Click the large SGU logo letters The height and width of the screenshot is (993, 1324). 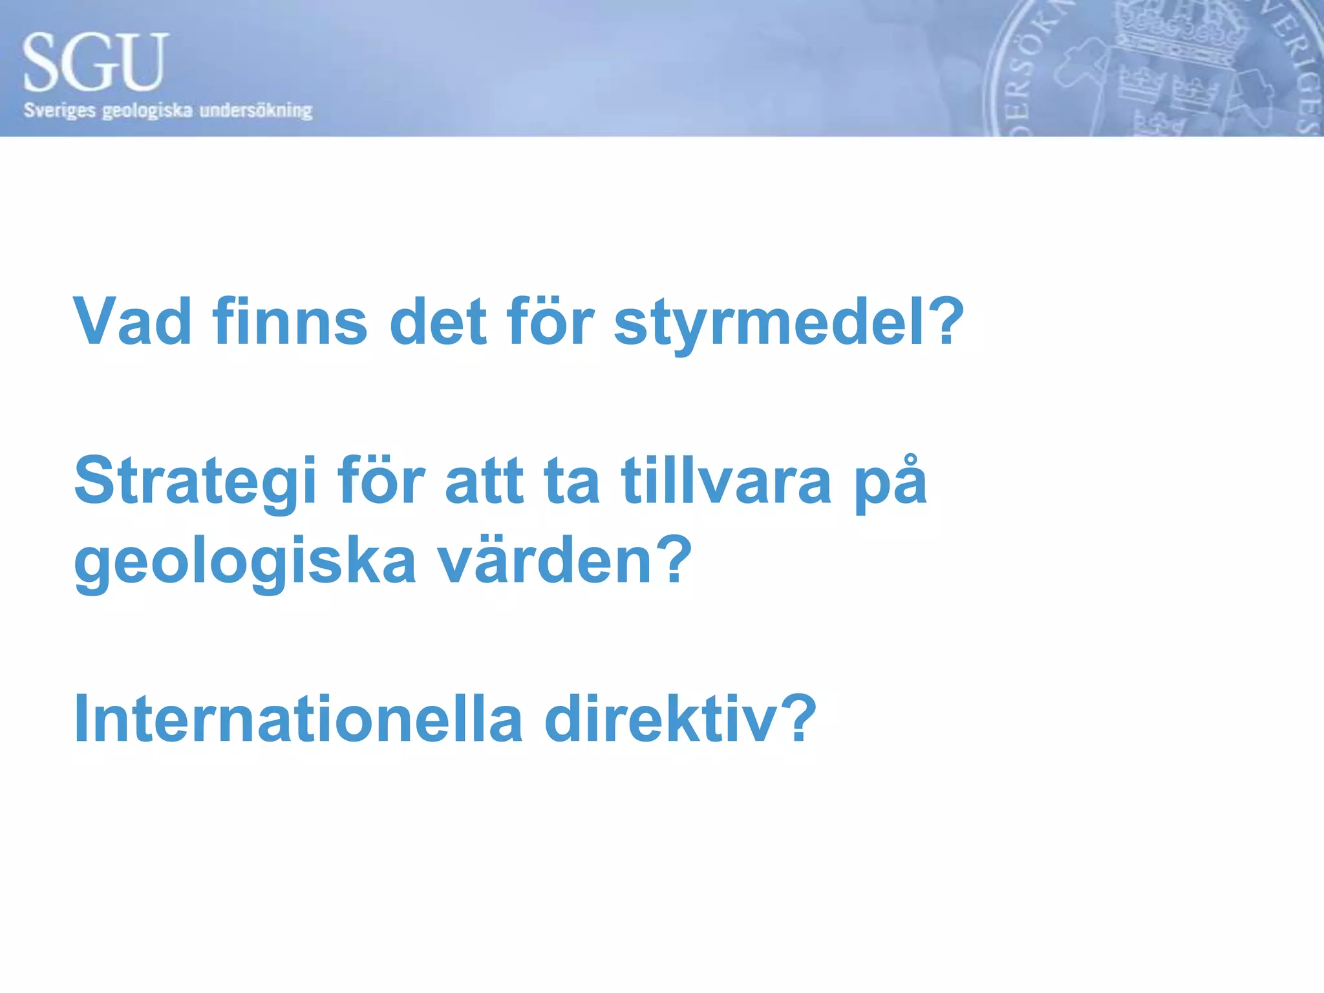(x=96, y=63)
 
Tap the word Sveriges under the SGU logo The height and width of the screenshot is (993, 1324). (x=59, y=111)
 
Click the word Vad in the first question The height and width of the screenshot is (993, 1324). (x=133, y=321)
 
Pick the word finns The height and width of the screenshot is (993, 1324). (x=290, y=321)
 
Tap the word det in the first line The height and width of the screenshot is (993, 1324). (x=438, y=321)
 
